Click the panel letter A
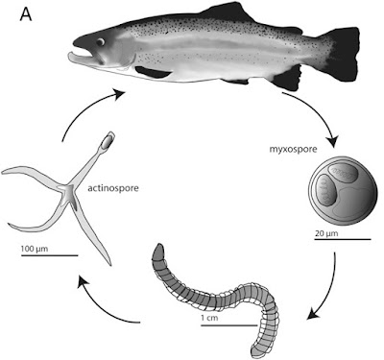click(26, 14)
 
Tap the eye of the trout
click(101, 42)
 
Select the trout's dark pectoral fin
click(152, 72)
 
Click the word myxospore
click(294, 149)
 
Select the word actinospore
click(113, 188)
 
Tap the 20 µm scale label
click(326, 233)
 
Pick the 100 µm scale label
click(35, 249)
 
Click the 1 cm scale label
click(209, 318)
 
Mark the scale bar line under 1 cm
click(228, 325)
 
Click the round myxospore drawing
click(342, 190)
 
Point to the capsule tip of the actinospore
click(108, 140)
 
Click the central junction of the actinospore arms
click(69, 190)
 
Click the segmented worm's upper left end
click(158, 251)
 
